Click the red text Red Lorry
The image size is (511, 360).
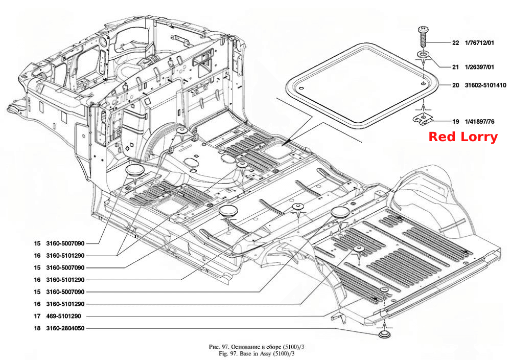[463, 137]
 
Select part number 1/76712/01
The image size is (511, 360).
[479, 43]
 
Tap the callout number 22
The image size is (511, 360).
[455, 43]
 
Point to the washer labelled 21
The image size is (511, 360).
[423, 54]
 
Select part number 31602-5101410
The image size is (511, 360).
[485, 85]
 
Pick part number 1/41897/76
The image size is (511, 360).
[479, 122]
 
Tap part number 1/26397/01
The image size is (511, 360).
[479, 67]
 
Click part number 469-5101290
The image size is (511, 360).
[63, 316]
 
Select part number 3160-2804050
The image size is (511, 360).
[65, 328]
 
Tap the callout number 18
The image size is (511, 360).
[37, 328]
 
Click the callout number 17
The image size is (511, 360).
[37, 316]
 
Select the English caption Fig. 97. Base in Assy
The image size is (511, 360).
[257, 353]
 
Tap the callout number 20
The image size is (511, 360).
[455, 85]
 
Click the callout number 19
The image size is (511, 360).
[455, 122]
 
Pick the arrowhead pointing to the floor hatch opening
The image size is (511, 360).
[284, 144]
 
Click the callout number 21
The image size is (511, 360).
[455, 67]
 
